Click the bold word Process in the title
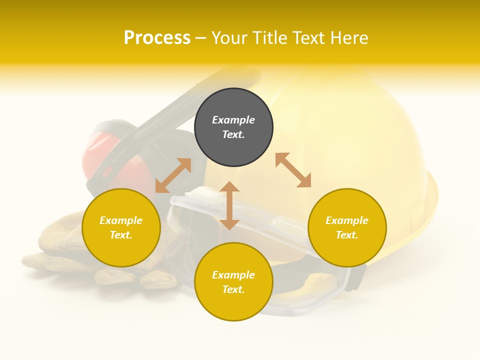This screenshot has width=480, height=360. coord(157,38)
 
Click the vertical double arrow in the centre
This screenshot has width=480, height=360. coord(229,205)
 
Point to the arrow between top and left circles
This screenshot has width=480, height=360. coord(173,175)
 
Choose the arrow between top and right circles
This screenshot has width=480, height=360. coord(293,170)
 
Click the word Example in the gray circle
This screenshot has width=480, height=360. coord(233,120)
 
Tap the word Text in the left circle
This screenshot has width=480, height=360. coord(121,235)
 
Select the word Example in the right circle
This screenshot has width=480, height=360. coord(347,220)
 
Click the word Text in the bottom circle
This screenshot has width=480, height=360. coord(233,289)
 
